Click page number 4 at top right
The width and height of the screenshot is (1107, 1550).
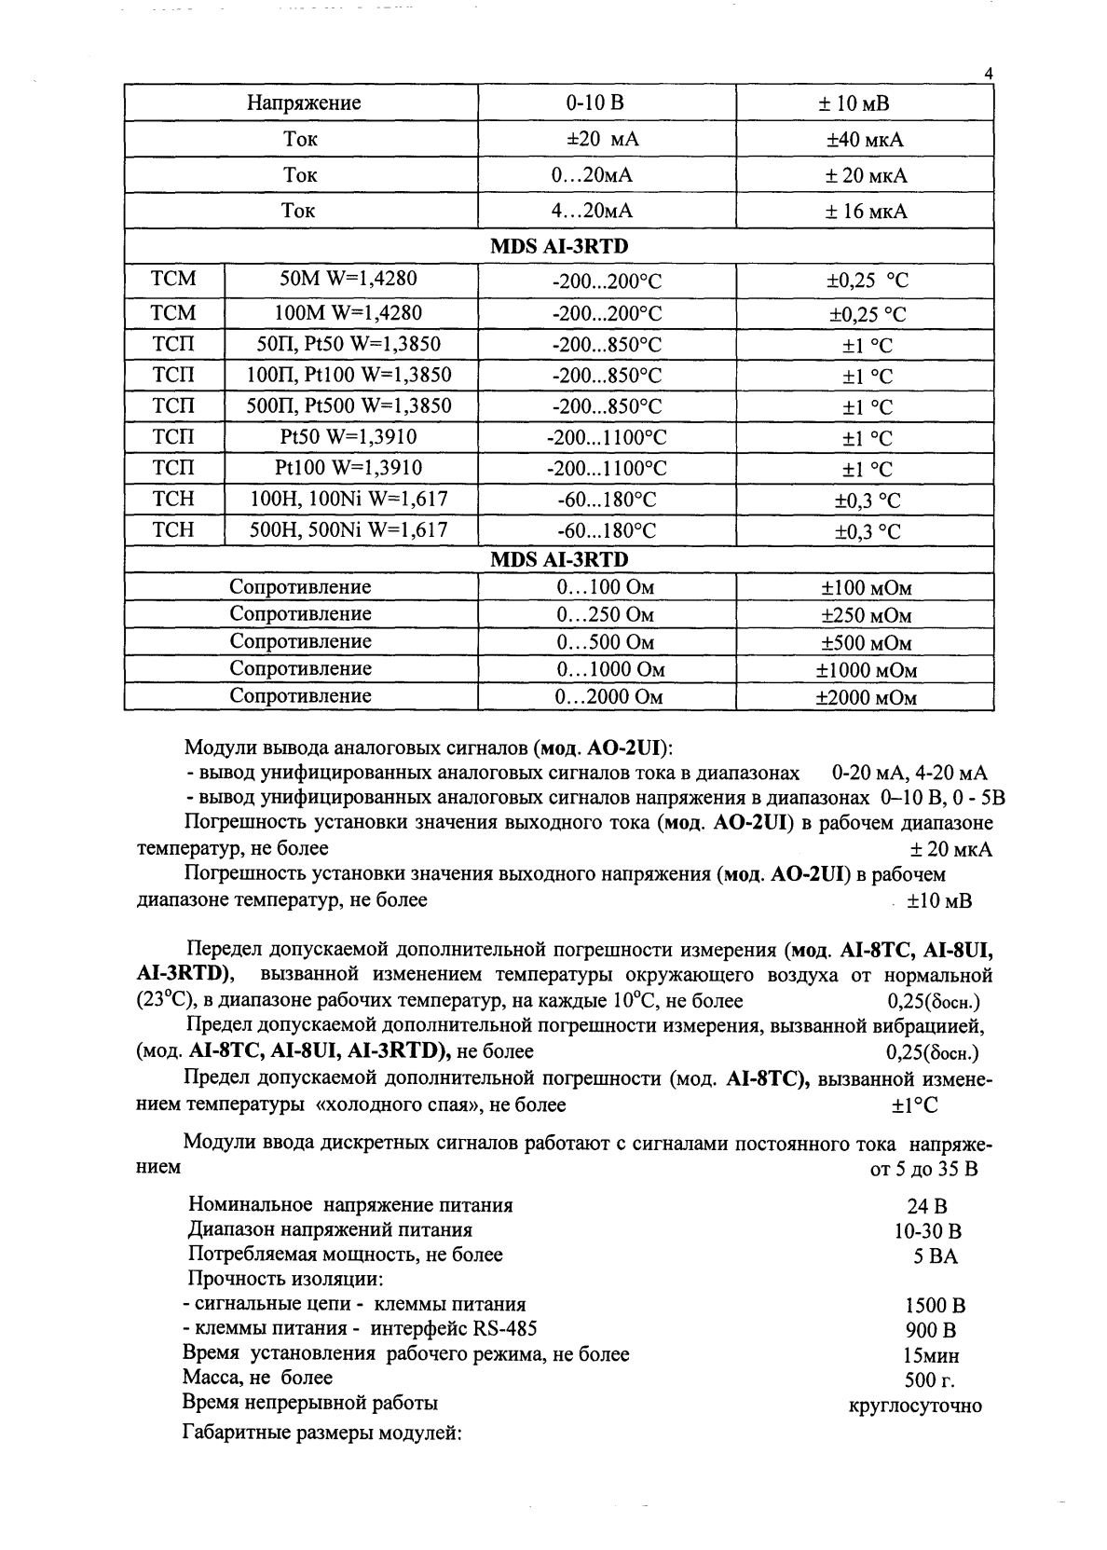point(989,75)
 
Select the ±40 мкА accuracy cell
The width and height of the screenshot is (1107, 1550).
point(865,140)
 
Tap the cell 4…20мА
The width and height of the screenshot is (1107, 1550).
point(593,211)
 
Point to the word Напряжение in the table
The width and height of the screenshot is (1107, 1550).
point(304,103)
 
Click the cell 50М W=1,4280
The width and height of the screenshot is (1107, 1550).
point(348,279)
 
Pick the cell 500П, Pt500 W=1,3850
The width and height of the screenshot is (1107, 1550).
point(348,405)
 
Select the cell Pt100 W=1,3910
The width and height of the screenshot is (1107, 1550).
point(348,467)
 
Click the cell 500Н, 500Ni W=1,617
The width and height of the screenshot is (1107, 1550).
point(348,530)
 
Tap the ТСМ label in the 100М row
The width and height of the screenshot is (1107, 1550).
point(174,311)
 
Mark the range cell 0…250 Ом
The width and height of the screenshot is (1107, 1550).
point(605,615)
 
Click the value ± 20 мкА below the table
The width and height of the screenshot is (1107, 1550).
point(950,850)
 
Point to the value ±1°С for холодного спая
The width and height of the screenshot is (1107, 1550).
point(914,1105)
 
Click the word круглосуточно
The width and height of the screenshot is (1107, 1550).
point(915,1406)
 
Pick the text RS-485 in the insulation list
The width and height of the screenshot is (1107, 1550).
point(506,1329)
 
